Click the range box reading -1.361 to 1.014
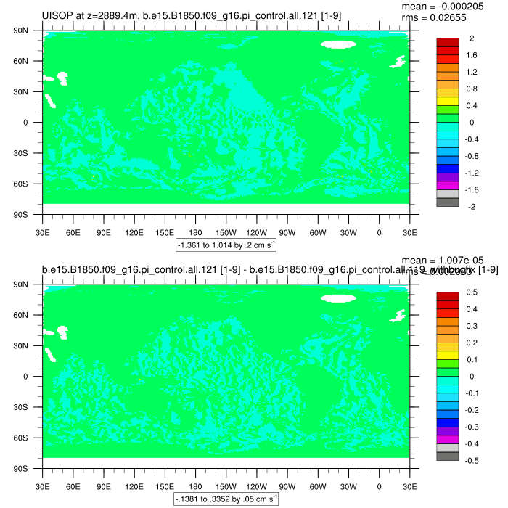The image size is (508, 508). pos(225,246)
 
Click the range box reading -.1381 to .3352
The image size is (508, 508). pos(225,500)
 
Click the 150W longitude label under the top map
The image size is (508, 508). pos(226,232)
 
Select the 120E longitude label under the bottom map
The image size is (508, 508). pos(134,486)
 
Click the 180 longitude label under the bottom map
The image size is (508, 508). pos(195,486)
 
